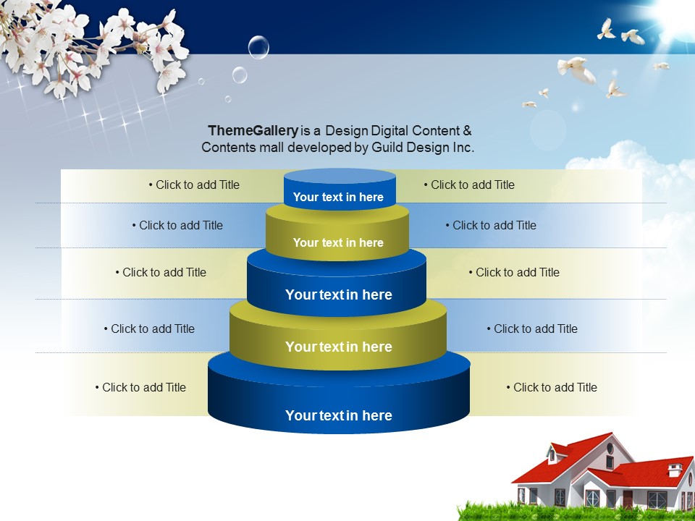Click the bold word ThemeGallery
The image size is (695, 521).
pos(253,131)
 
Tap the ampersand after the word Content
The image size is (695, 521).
pos(467,131)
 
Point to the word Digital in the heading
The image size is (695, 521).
pos(390,131)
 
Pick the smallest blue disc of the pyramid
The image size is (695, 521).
pos(340,189)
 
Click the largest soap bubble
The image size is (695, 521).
pos(258,47)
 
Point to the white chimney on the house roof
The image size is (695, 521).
pos(675,470)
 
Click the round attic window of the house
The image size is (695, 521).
pos(610,449)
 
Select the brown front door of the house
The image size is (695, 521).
pos(627,499)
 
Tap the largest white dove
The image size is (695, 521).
pos(577,69)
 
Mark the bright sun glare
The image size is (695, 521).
pos(674,17)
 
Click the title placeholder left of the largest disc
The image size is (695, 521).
pos(140,387)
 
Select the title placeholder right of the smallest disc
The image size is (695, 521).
pos(469,185)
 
